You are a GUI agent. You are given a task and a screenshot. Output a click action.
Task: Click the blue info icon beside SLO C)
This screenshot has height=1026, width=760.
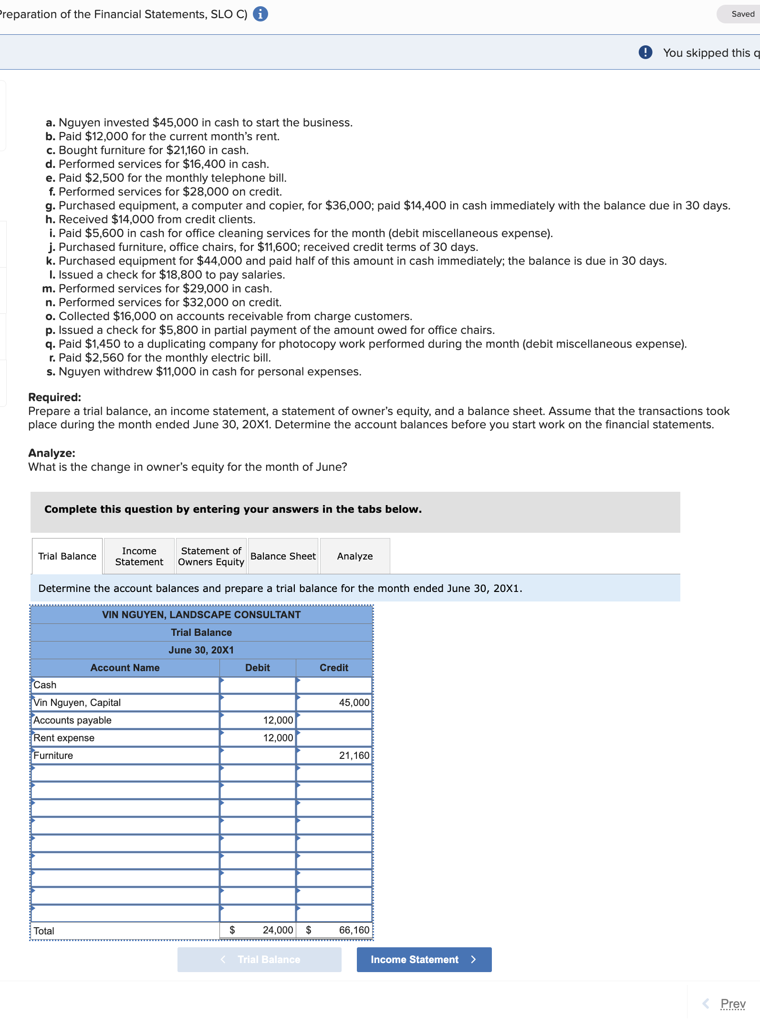tap(260, 14)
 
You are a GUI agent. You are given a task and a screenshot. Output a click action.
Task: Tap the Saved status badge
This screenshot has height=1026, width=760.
tap(742, 14)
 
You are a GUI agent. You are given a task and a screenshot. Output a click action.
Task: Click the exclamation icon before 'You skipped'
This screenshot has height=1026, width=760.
tap(645, 52)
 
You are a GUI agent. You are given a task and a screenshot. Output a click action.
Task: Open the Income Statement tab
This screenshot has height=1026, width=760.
tap(139, 556)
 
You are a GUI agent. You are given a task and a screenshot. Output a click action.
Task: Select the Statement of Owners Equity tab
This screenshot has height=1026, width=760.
tap(211, 556)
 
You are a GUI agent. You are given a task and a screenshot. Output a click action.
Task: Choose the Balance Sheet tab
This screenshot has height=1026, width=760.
tap(283, 556)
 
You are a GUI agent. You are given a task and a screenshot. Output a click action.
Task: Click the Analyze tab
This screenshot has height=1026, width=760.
tap(354, 556)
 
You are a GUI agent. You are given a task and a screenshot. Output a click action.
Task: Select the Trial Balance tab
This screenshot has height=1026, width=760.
tap(67, 556)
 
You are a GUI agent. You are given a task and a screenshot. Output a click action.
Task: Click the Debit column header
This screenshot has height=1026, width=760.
tap(258, 668)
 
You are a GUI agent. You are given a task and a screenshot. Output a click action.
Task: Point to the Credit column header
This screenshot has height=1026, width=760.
tap(334, 668)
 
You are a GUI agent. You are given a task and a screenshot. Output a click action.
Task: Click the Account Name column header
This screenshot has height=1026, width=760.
tap(125, 668)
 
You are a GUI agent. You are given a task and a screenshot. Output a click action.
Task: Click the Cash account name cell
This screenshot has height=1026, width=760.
tap(125, 685)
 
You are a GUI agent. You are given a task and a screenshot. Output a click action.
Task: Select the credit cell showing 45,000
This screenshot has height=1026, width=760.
tap(334, 703)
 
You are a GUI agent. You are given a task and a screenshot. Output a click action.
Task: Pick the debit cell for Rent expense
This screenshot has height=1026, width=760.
tap(258, 738)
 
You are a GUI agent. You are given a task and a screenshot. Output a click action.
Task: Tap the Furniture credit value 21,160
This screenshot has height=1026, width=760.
tap(334, 756)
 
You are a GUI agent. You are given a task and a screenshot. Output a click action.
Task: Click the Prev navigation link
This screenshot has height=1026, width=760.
tap(732, 1004)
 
